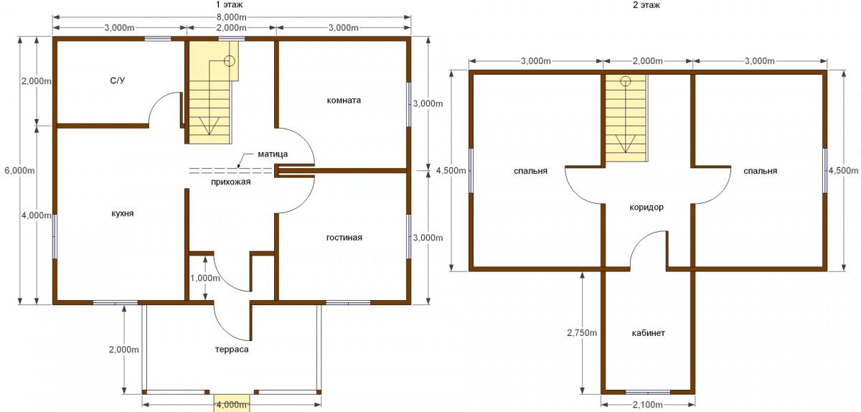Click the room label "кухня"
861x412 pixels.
[x=123, y=213]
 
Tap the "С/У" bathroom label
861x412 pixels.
[x=118, y=80]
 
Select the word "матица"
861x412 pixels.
[x=273, y=154]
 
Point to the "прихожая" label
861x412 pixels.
[x=230, y=182]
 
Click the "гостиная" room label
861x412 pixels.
[x=344, y=238]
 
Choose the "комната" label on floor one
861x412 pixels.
[x=344, y=100]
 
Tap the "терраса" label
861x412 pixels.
[x=232, y=350]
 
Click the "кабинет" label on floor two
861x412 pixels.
[x=649, y=333]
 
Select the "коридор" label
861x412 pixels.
[x=646, y=207]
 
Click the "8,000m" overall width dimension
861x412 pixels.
[x=231, y=17]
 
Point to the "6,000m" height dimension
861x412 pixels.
[x=19, y=170]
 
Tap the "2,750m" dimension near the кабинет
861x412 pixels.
[x=582, y=333]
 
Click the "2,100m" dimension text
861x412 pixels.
[x=648, y=405]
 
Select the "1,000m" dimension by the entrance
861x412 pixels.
[x=205, y=278]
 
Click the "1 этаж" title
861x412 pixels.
[x=229, y=4]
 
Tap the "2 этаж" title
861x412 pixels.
[x=646, y=4]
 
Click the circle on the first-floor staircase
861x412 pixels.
[x=230, y=61]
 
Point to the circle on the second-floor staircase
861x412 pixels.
[x=626, y=81]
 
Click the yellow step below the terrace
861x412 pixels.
[x=231, y=403]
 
